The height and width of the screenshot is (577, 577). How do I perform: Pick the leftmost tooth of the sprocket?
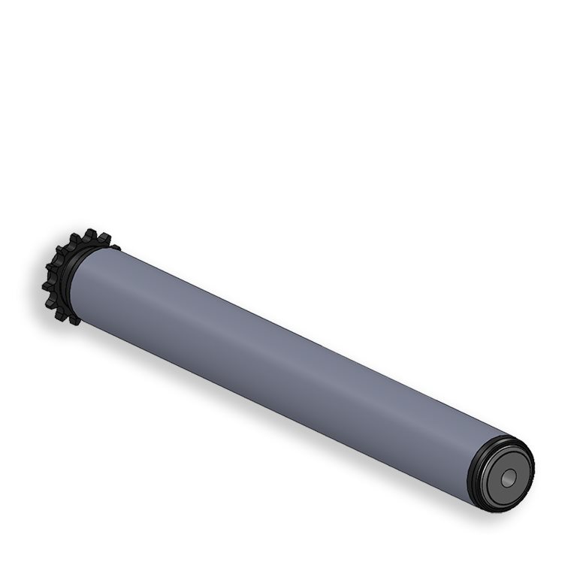click(x=46, y=286)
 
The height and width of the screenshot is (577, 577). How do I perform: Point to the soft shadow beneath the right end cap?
click(x=481, y=518)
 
